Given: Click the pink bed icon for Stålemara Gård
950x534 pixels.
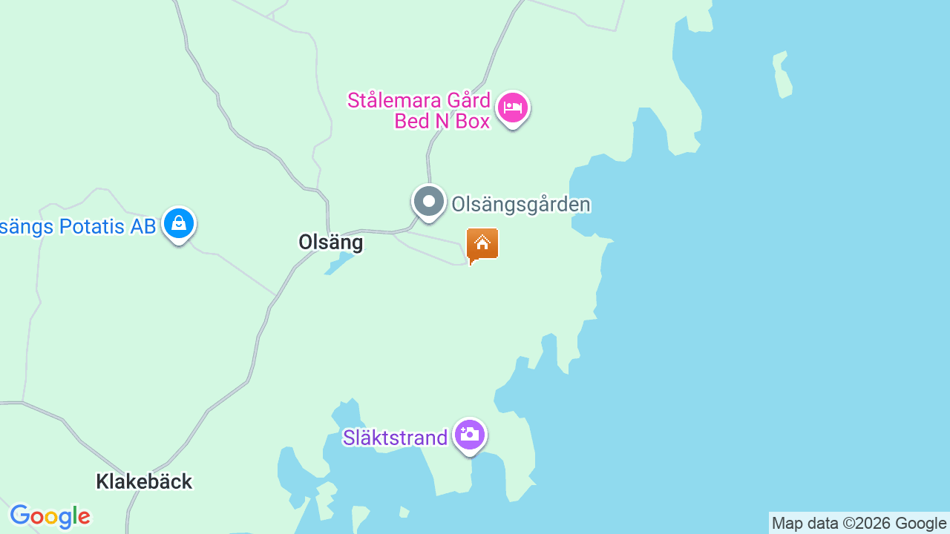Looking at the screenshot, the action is [512, 108].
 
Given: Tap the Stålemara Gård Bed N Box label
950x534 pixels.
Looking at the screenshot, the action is [419, 111].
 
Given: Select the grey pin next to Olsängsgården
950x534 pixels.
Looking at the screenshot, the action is [428, 202].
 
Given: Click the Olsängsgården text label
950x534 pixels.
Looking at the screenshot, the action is [521, 204].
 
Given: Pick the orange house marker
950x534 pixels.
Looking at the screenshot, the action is [482, 243].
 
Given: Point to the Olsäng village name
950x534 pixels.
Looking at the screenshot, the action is [330, 242].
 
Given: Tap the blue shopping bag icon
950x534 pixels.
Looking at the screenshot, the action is [178, 223].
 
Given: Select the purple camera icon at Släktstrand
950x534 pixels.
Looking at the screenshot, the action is [469, 435].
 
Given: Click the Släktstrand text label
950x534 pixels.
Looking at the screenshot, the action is [395, 438].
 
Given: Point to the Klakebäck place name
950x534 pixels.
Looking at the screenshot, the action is [144, 481].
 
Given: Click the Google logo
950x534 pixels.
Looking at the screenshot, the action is [50, 516].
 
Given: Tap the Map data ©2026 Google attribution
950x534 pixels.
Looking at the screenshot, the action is [859, 524].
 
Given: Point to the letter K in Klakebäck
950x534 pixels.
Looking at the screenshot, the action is [102, 481].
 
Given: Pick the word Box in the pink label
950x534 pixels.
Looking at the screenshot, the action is [473, 121].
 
